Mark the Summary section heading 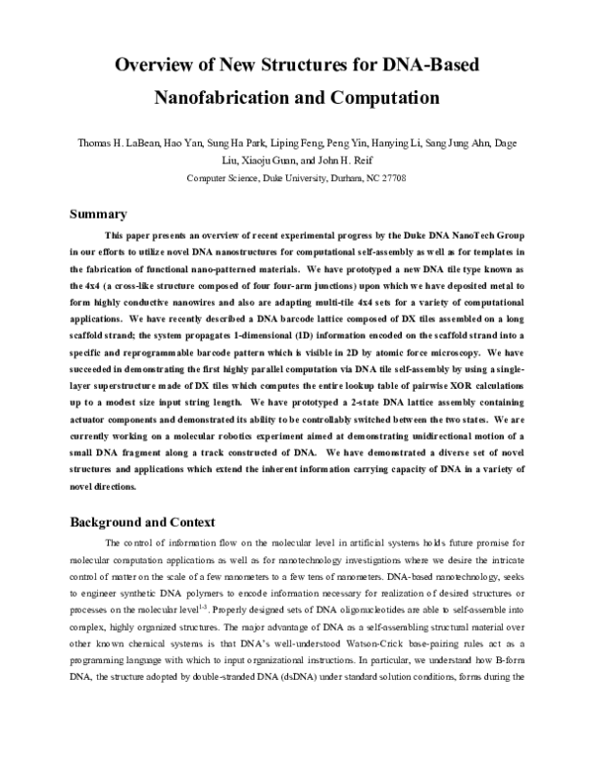pyautogui.click(x=98, y=214)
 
